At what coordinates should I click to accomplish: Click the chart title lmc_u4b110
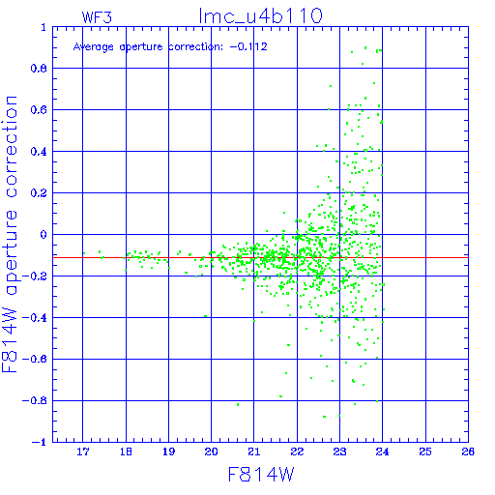click(260, 16)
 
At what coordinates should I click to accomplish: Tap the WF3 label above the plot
click(97, 17)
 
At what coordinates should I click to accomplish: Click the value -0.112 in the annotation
click(248, 46)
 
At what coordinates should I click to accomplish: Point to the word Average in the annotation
click(94, 47)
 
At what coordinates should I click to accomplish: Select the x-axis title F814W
click(261, 474)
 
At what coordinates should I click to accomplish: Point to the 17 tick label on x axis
click(83, 451)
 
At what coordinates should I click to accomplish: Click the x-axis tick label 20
click(211, 451)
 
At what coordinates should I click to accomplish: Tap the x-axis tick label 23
click(339, 451)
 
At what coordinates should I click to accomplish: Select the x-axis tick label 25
click(425, 451)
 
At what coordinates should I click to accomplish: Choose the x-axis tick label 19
click(168, 451)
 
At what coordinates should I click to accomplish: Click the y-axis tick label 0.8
click(39, 69)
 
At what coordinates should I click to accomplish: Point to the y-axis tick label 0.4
click(39, 152)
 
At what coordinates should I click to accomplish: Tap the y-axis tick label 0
click(44, 235)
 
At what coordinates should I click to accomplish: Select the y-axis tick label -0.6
click(35, 359)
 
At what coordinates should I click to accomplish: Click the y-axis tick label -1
click(40, 442)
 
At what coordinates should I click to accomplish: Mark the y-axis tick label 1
click(44, 27)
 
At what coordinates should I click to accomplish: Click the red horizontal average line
click(260, 257)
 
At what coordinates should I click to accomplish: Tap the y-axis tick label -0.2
click(35, 277)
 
